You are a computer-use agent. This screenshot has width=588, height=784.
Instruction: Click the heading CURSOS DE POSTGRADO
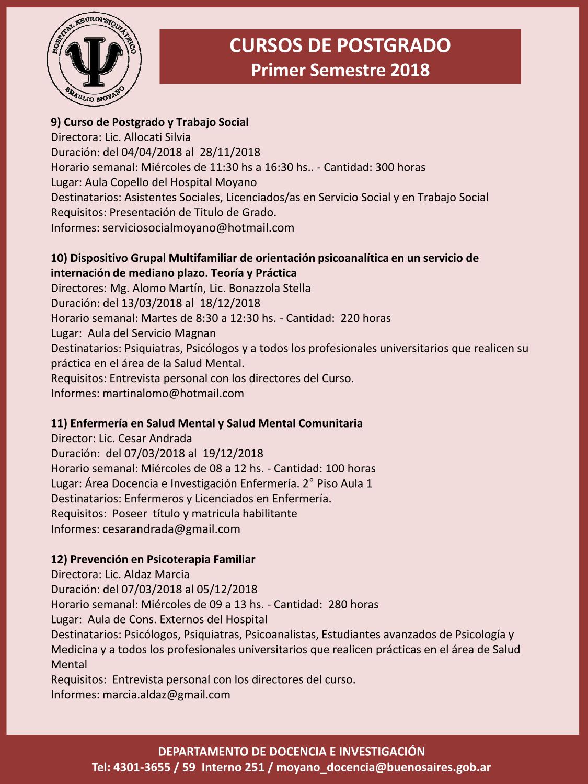pos(340,45)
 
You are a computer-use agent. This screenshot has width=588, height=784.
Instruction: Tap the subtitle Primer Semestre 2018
pos(340,70)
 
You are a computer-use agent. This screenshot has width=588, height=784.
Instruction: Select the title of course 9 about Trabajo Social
pos(149,122)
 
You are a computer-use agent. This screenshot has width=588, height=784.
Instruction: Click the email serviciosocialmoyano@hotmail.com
pos(198,228)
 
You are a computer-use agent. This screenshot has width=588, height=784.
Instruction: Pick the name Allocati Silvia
pos(157,137)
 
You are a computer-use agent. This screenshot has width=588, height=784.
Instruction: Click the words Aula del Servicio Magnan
pos(152,333)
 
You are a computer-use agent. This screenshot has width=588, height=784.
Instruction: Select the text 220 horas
pos(365,318)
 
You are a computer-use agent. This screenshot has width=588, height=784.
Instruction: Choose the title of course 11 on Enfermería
pos(206,423)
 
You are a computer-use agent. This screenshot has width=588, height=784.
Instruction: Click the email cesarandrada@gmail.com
pos(171,529)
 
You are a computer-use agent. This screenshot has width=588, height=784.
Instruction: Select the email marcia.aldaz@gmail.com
pos(166,695)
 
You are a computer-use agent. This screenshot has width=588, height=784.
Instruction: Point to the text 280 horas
pos(353,605)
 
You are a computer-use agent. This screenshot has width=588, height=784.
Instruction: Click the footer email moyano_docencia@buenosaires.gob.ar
pos(383,767)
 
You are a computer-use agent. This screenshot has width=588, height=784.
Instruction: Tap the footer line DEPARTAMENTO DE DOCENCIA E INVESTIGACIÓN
pos(292,752)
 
